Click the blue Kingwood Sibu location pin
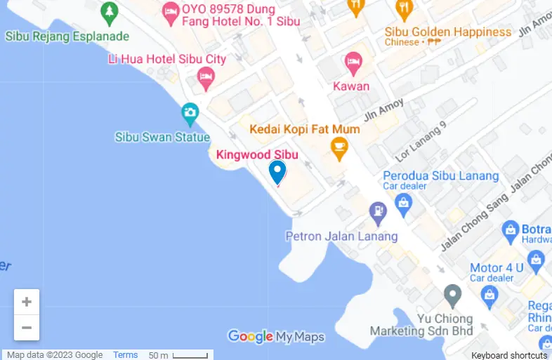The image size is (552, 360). coord(277,171)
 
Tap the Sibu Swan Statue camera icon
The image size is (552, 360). coord(189,112)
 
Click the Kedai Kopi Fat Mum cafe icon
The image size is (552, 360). coord(340,147)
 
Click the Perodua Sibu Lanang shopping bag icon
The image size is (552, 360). coord(403,203)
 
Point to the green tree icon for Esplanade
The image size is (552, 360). coord(109,12)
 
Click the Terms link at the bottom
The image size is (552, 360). coord(126,355)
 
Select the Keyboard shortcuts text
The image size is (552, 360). coord(509,356)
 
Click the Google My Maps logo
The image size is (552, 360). coord(276,338)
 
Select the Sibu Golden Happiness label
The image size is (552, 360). coord(447,32)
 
